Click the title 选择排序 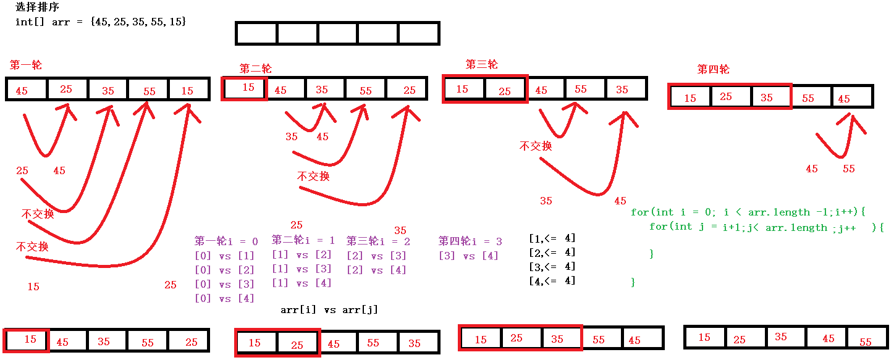38,7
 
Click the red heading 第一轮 26,65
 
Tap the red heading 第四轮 713,69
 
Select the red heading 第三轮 481,64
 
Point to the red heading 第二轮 255,69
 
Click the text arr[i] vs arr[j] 329,310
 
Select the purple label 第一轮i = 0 226,241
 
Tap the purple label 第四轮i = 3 470,241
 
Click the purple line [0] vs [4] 224,299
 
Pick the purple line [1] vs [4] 302,283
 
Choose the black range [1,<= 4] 552,238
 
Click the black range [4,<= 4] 552,281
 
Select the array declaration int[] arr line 101,22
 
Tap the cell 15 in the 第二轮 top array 246,88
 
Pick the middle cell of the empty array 337,33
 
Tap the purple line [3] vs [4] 468,256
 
